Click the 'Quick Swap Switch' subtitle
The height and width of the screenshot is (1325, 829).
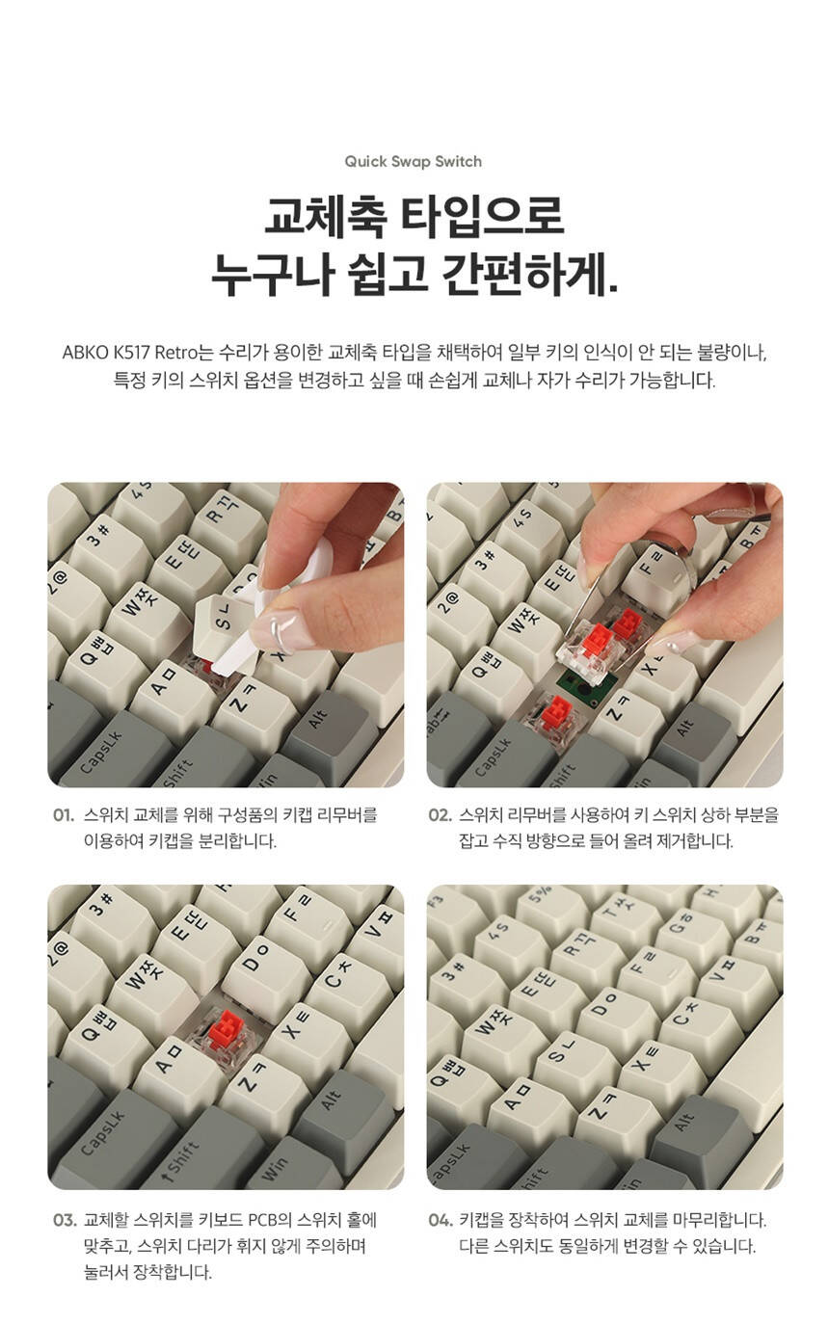click(413, 162)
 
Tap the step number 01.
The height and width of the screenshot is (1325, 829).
click(64, 815)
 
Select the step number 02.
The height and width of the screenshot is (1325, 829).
click(440, 815)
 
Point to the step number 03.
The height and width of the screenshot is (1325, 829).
click(65, 1220)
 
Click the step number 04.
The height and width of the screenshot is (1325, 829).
click(441, 1220)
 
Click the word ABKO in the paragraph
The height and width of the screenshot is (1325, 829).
click(85, 353)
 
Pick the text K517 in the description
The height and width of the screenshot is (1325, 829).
click(131, 353)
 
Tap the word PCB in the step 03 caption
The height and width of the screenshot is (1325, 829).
click(262, 1220)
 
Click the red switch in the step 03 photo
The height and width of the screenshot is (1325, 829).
click(226, 1029)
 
